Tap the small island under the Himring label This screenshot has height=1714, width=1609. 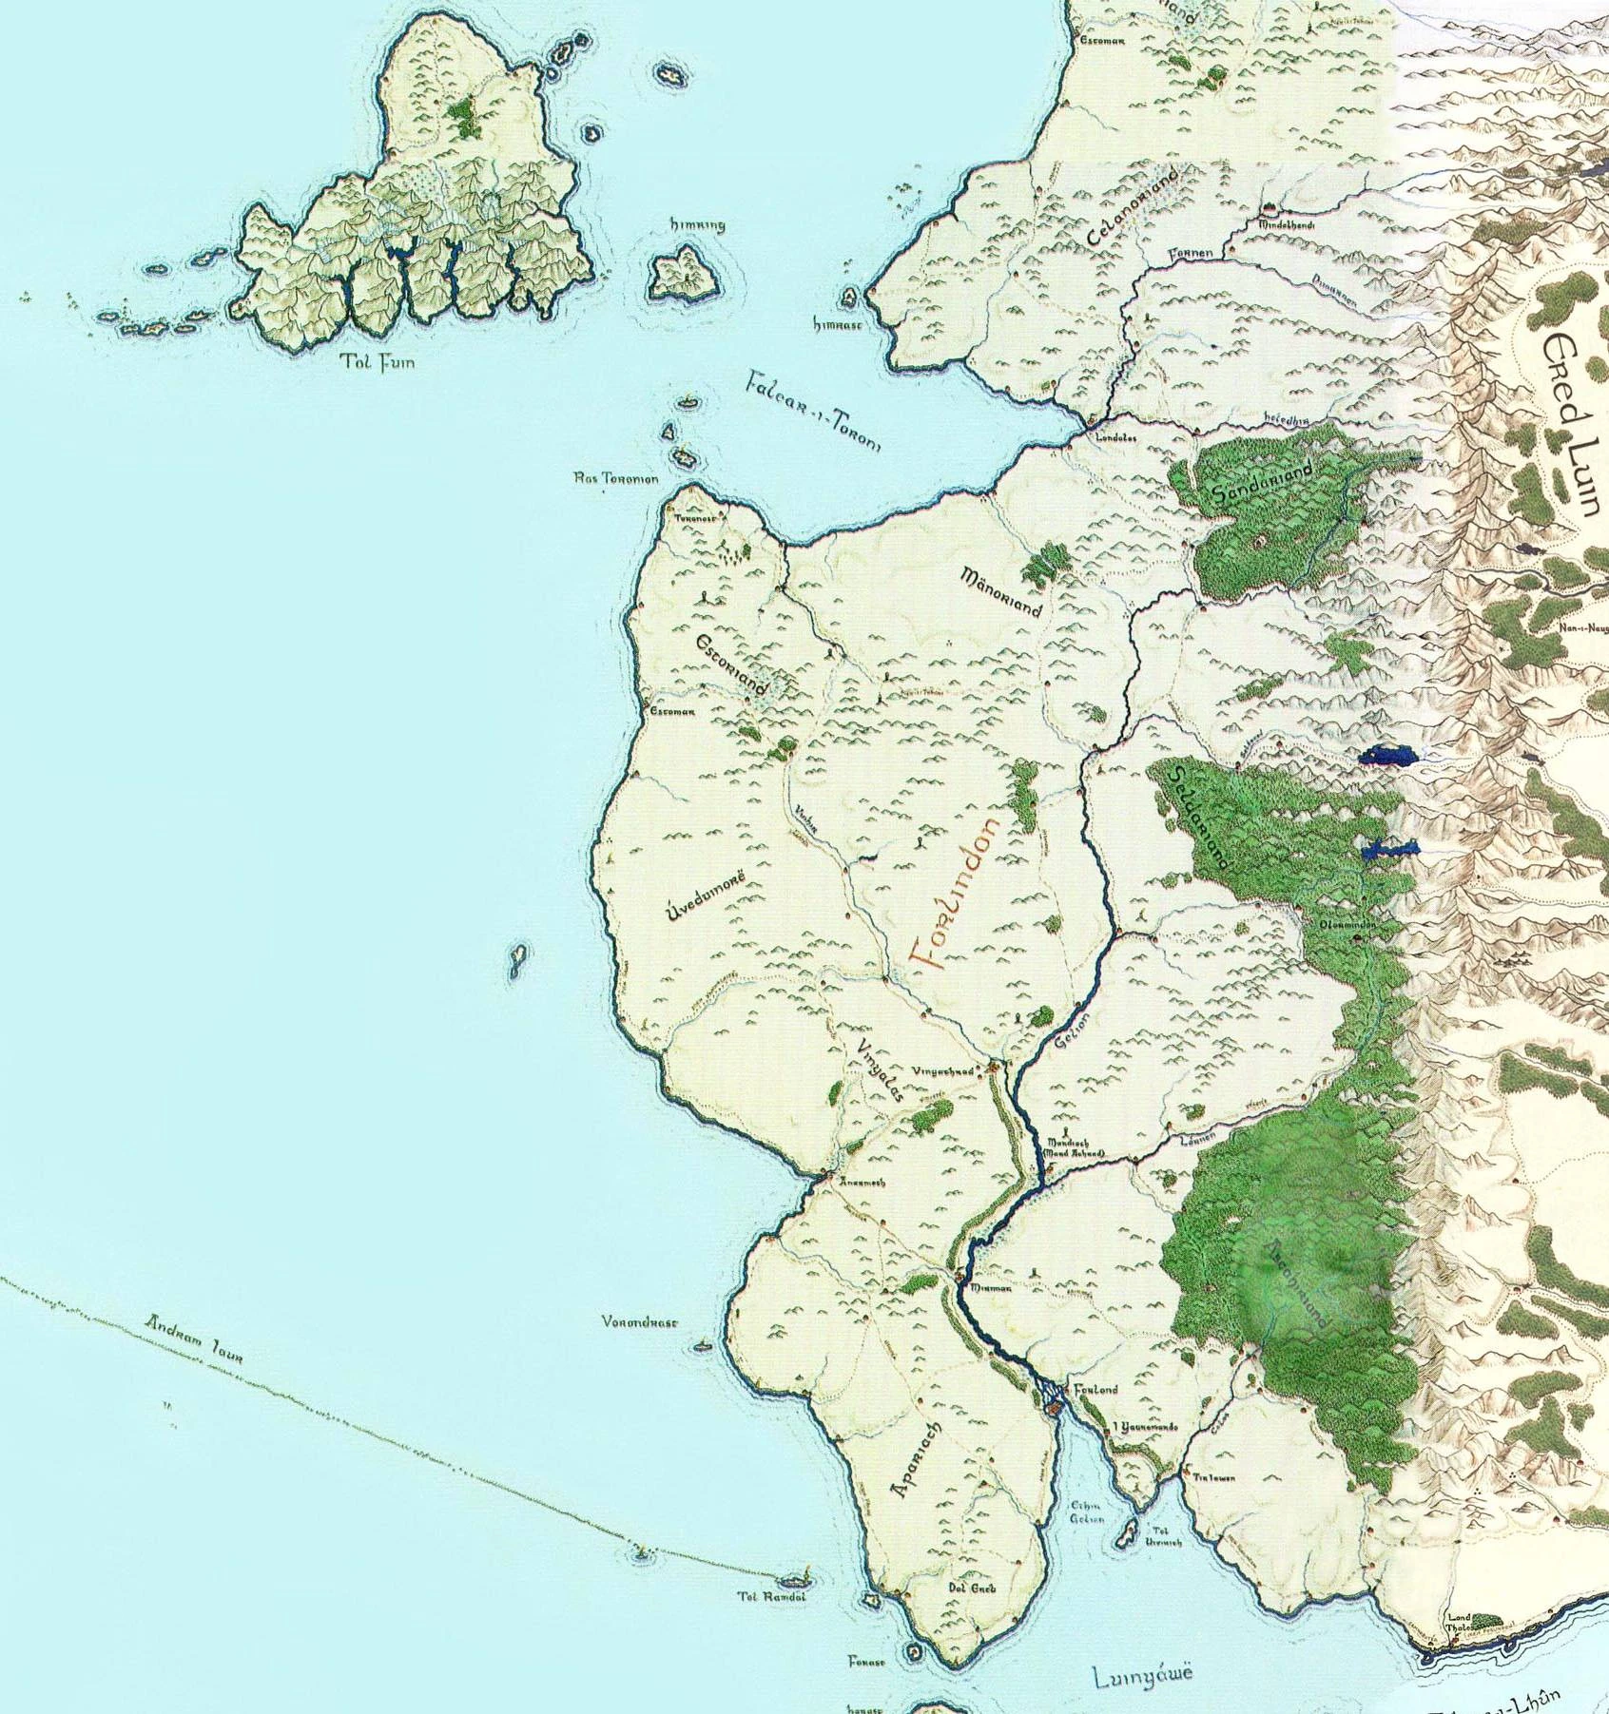(x=683, y=272)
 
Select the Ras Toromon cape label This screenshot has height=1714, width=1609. (x=616, y=479)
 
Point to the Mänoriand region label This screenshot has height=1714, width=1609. (x=1002, y=594)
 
